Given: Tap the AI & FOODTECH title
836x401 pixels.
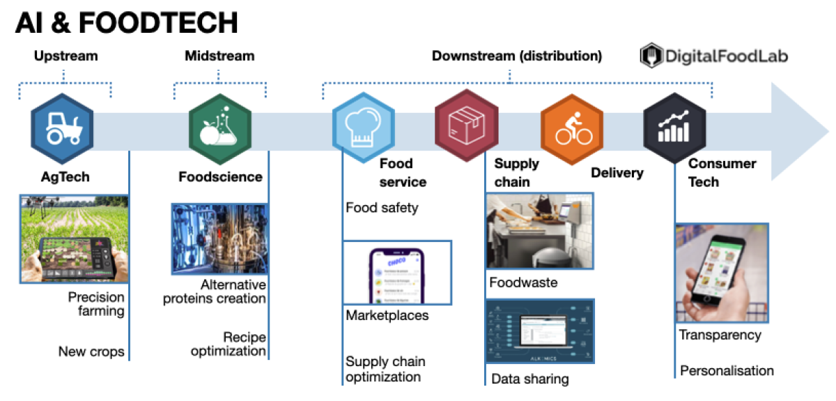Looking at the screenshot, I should [x=127, y=22].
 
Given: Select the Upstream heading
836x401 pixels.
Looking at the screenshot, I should [x=65, y=56].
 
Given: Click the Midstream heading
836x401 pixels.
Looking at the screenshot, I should [x=219, y=56].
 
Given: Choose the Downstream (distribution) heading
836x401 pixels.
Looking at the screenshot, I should [x=517, y=56].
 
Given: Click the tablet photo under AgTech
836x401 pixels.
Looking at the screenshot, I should [x=74, y=239].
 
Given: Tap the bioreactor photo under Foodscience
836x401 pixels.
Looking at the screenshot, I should [x=219, y=239].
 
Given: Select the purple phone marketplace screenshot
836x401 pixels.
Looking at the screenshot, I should [x=397, y=273].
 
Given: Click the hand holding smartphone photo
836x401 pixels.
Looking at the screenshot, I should [x=721, y=273].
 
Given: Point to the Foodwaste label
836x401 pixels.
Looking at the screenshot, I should [x=523, y=283].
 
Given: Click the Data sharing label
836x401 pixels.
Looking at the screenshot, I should [x=529, y=379].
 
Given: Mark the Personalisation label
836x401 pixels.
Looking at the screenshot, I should [x=727, y=370].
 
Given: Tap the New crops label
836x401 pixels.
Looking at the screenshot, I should [x=91, y=351].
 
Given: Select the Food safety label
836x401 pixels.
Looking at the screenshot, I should [x=382, y=207].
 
